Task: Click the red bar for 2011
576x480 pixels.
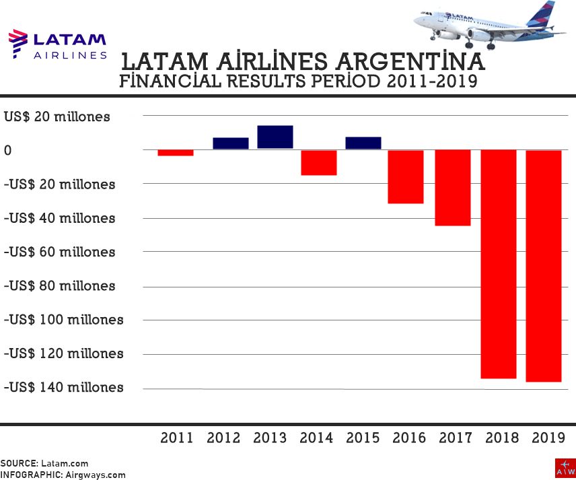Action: click(x=176, y=153)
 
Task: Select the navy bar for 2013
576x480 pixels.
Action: click(x=275, y=137)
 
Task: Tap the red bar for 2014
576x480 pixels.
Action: click(x=318, y=162)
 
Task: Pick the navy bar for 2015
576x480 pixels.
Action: click(x=363, y=143)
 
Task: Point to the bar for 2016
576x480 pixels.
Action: click(x=405, y=176)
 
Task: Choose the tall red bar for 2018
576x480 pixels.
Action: click(x=498, y=264)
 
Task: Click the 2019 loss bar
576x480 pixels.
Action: click(x=544, y=266)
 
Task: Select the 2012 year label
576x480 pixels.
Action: click(x=223, y=438)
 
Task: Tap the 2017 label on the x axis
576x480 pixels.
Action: click(x=456, y=438)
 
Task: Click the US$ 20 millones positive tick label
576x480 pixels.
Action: click(x=57, y=116)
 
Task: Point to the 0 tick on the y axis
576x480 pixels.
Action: click(x=8, y=150)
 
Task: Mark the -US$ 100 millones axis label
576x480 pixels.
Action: click(x=64, y=319)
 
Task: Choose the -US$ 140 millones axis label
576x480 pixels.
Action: click(x=64, y=387)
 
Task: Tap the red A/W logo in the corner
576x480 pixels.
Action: click(x=565, y=468)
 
